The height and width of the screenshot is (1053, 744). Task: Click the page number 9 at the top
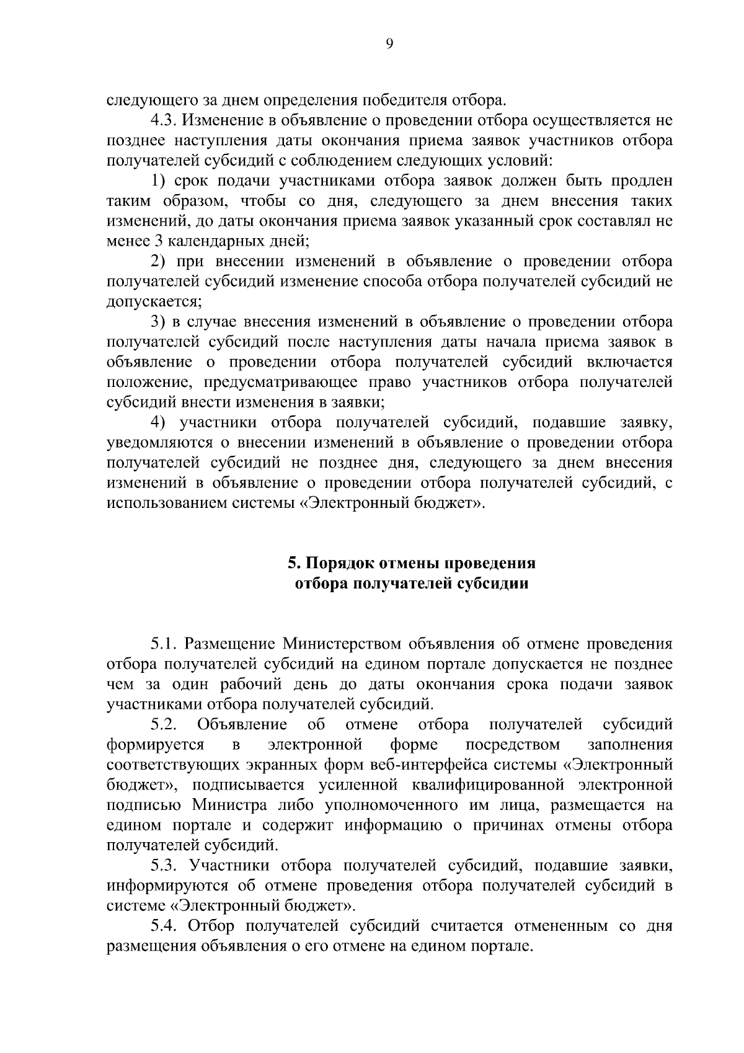pos(389,43)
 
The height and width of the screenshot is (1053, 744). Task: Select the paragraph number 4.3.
pos(164,120)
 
